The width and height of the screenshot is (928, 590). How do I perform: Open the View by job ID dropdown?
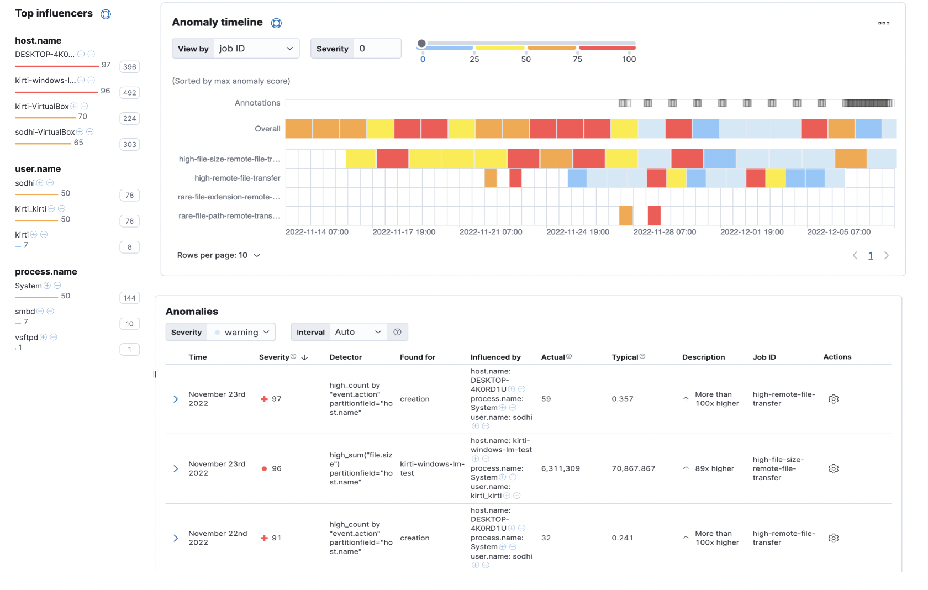point(256,49)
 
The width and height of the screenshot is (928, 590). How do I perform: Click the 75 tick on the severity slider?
point(577,59)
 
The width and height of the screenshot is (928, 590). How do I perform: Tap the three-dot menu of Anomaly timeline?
point(883,23)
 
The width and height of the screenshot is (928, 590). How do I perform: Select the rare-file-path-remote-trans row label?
point(229,216)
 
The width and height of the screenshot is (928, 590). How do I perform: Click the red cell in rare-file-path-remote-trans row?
point(654,215)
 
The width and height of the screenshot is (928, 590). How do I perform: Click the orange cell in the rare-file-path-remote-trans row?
point(625,215)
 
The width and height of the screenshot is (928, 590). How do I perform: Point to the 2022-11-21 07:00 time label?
point(491,232)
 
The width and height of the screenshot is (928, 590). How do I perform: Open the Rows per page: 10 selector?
point(219,255)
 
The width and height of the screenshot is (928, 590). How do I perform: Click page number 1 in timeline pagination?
point(871,255)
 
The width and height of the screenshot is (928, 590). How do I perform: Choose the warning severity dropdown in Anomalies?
point(241,332)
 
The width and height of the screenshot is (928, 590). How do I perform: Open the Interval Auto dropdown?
point(358,332)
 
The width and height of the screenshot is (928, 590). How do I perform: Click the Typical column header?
point(625,357)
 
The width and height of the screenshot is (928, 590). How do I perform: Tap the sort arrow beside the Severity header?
point(304,357)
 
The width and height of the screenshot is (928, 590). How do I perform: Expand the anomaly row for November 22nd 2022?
point(176,538)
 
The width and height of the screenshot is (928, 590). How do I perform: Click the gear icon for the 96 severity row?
point(834,468)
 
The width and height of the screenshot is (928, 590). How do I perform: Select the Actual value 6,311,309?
point(560,468)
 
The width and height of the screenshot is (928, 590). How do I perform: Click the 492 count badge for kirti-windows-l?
point(130,93)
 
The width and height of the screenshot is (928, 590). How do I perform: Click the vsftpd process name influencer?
point(27,338)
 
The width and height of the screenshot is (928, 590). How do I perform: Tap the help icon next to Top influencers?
point(106,14)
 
